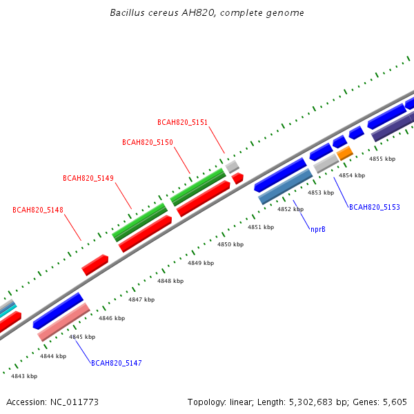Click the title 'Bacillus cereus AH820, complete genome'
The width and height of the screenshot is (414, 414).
click(207, 13)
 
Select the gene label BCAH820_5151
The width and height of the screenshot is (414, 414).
click(182, 122)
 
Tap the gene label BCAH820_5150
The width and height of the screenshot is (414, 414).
click(148, 142)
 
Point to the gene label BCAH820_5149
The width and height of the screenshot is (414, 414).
click(88, 178)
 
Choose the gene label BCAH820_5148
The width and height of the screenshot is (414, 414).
click(38, 210)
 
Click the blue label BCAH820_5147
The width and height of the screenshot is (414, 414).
click(117, 363)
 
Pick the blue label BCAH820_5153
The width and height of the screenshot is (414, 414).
click(375, 207)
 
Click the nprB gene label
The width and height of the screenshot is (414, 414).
click(318, 229)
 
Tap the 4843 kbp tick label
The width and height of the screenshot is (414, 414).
click(24, 376)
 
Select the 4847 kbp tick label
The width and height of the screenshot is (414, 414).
click(141, 299)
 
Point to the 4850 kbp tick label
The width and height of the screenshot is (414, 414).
click(230, 244)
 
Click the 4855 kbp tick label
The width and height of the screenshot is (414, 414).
click(382, 159)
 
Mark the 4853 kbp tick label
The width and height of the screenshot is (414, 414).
click(321, 193)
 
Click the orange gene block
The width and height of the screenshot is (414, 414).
click(345, 153)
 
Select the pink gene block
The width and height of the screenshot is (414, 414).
click(64, 322)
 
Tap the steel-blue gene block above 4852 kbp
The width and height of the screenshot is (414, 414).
click(286, 187)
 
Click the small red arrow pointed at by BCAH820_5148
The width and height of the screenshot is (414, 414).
click(95, 265)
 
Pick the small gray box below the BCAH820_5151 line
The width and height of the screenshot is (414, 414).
click(233, 166)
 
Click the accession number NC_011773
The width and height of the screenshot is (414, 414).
click(75, 402)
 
